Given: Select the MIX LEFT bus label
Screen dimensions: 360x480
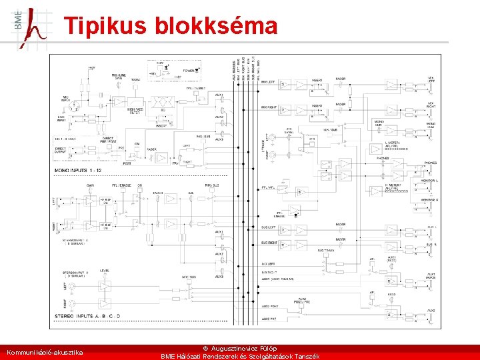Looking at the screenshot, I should pos(268,82).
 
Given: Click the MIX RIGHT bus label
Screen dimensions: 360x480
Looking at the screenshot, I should pos(269,107).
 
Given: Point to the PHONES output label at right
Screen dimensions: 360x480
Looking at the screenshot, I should pos(430,163).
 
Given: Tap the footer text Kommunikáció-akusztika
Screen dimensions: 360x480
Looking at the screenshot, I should pos(45,351).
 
